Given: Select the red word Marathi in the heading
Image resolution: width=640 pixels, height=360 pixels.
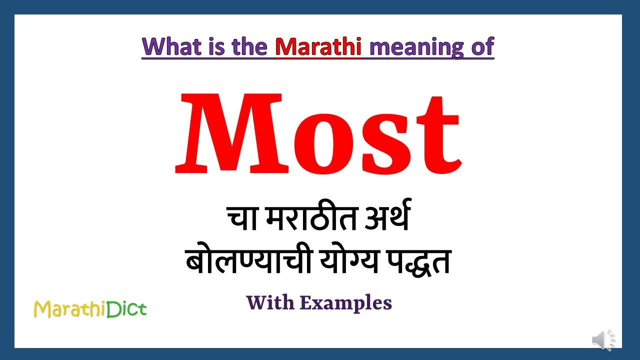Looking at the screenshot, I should click(x=318, y=46).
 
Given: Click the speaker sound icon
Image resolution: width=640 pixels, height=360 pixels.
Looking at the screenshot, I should click(x=604, y=340).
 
